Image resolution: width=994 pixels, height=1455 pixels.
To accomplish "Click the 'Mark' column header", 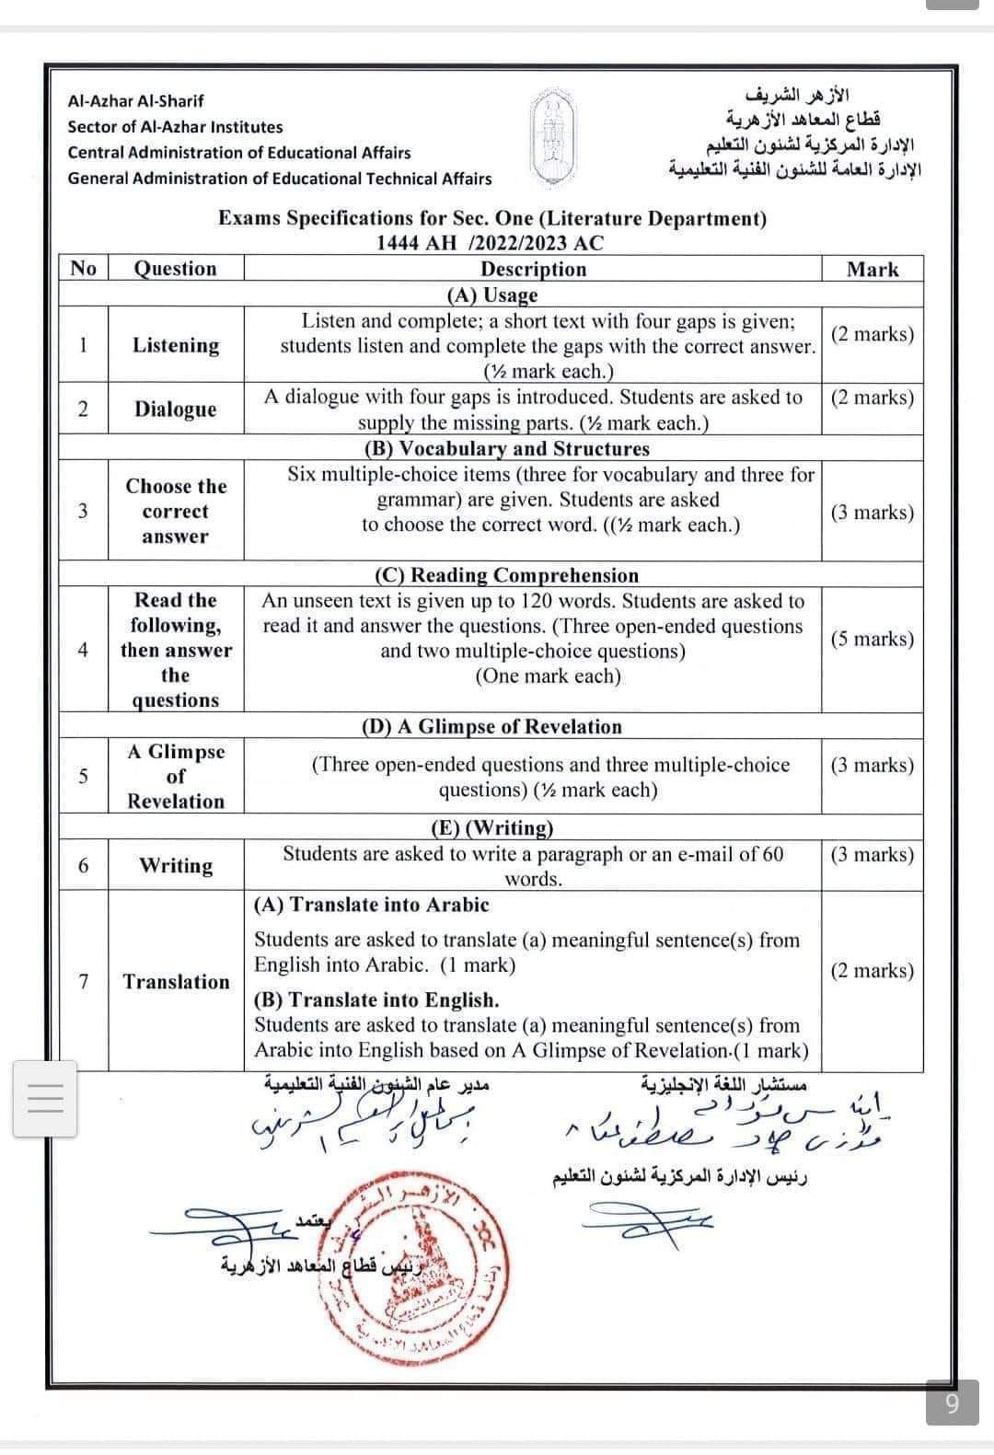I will coord(872,269).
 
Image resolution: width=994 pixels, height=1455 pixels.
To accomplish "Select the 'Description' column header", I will coord(533,269).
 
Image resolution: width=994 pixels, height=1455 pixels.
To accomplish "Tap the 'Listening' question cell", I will coord(176,345).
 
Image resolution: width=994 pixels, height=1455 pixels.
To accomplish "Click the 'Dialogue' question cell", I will coord(176,409).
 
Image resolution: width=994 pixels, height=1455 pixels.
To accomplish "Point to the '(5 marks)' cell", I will coord(872,639).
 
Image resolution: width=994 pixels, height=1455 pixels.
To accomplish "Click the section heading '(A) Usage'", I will coord(491,294).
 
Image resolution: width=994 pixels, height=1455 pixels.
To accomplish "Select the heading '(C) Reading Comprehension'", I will coord(505,575).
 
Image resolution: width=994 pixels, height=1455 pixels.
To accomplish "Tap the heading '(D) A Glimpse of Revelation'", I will coord(491,726).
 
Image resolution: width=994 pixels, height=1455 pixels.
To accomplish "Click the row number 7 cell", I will coord(84,981).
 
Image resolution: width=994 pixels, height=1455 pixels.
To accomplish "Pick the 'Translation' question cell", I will coord(176,981).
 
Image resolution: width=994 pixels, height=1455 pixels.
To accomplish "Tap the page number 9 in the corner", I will coord(952,1403).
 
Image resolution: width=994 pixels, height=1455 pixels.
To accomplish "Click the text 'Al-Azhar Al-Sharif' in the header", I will coord(136,101).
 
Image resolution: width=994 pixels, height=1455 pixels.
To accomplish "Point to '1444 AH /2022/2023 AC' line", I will coord(491,243).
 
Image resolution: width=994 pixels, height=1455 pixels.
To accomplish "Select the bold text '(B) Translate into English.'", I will coord(376,999).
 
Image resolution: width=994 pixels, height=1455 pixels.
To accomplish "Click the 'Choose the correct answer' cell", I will coord(176,511).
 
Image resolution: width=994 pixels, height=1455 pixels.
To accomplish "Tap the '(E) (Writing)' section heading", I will coord(492,827).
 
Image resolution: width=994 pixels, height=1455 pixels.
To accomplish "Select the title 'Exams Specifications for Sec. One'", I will coord(491,218).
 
